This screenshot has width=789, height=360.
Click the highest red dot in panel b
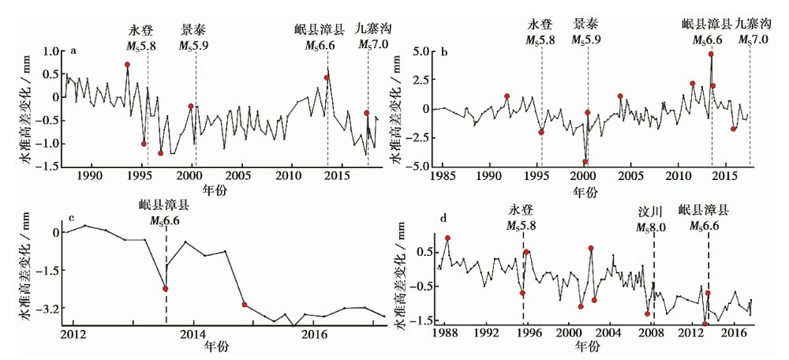711,54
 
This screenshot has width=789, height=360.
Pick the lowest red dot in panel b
585,162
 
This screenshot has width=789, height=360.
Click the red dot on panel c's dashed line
166,289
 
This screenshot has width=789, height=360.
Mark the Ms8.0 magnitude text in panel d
652,227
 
